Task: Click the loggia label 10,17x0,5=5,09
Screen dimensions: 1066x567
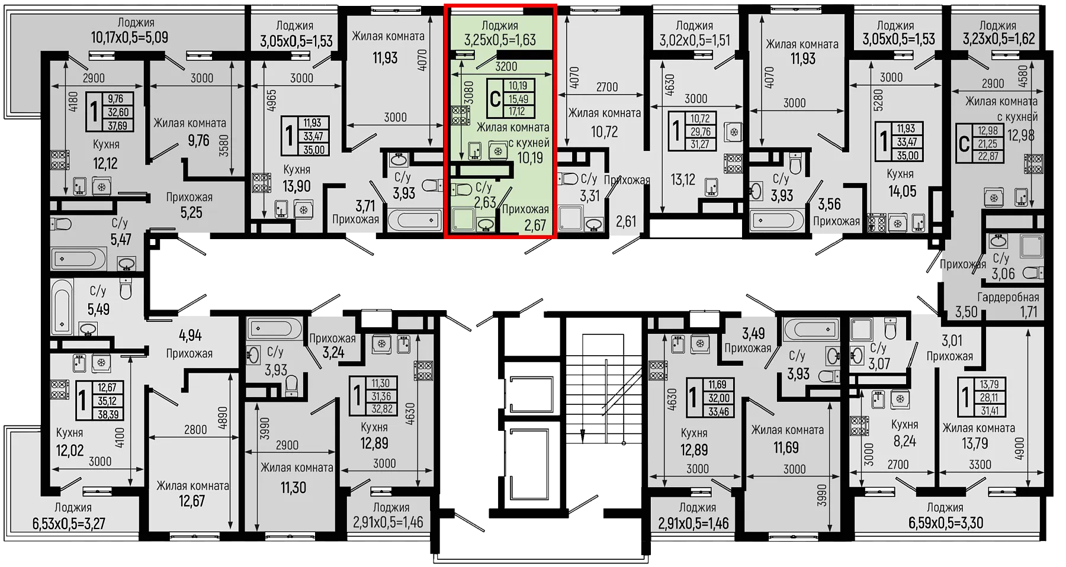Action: point(130,37)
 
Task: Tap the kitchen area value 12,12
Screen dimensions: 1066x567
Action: point(105,163)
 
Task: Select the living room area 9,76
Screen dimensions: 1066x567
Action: point(198,140)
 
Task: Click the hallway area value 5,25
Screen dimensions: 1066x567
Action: point(191,212)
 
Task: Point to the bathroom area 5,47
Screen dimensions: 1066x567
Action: point(121,240)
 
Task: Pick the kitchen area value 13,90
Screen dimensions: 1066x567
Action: point(296,186)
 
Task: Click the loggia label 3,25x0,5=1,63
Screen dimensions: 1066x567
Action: point(500,40)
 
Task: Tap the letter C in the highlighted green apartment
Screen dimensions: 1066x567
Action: point(495,98)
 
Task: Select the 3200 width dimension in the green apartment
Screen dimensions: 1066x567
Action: point(506,67)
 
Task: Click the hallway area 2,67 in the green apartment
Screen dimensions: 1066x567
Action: point(535,225)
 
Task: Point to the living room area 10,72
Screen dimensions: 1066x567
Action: point(604,131)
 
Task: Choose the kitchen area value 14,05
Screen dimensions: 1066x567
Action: point(902,191)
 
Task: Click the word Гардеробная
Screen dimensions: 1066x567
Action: point(1008,297)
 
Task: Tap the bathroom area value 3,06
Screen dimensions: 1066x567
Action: point(1003,273)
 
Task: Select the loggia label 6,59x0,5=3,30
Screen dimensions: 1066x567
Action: point(946,523)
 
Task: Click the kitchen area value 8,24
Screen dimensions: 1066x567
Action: point(904,441)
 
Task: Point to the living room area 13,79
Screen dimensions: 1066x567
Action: point(975,443)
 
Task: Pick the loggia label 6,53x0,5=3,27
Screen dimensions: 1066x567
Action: point(69,523)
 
